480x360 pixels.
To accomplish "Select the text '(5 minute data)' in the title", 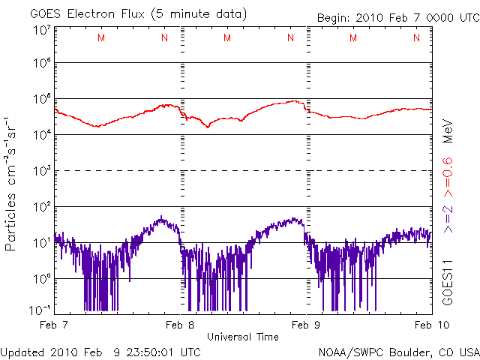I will tap(202, 14).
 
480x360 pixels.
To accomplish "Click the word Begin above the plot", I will tap(334, 17).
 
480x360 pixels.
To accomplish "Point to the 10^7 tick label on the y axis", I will tap(41, 30).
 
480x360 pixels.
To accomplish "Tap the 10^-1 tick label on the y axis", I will tap(41, 310).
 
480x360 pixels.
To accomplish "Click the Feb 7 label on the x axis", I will tap(54, 325).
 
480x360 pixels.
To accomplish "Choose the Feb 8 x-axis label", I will tap(180, 325).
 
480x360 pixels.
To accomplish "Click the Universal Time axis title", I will tap(242, 337).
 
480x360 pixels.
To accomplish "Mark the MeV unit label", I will tap(447, 130).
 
